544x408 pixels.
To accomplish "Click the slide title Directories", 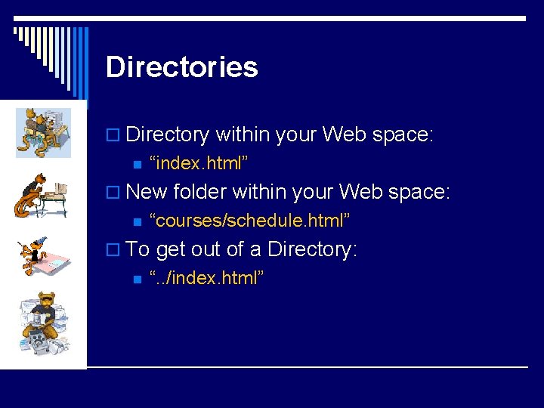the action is pos(182,66).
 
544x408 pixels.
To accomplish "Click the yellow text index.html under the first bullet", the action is pos(199,162).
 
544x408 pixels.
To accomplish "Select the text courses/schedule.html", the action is pos(249,220).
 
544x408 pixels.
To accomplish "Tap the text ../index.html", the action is pos(206,277).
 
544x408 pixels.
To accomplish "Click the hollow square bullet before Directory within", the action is pos(113,134).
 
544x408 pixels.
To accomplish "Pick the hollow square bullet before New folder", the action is pos(113,192).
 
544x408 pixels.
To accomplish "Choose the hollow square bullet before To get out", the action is pos(113,249).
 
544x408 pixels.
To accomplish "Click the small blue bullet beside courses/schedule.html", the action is pos(138,222).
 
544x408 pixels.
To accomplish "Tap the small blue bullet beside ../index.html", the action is pos(138,280).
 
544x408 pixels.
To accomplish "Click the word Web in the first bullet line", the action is pos(345,134).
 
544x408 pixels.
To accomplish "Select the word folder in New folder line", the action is pos(199,191).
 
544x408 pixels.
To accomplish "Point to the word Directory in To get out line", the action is pos(312,249).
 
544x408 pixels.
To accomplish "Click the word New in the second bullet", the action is pos(146,191).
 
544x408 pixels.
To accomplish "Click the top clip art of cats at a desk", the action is pos(43,132).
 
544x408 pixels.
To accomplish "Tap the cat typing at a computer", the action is pos(41,196).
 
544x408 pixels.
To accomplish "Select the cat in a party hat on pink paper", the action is pos(43,256).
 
